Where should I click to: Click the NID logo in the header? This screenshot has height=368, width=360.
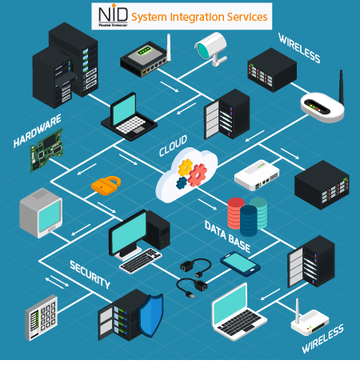tap(110, 15)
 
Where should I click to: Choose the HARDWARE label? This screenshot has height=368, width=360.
tap(37, 131)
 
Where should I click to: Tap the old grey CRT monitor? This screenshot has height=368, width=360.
tap(39, 213)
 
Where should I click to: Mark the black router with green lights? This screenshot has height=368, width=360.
tap(145, 58)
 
